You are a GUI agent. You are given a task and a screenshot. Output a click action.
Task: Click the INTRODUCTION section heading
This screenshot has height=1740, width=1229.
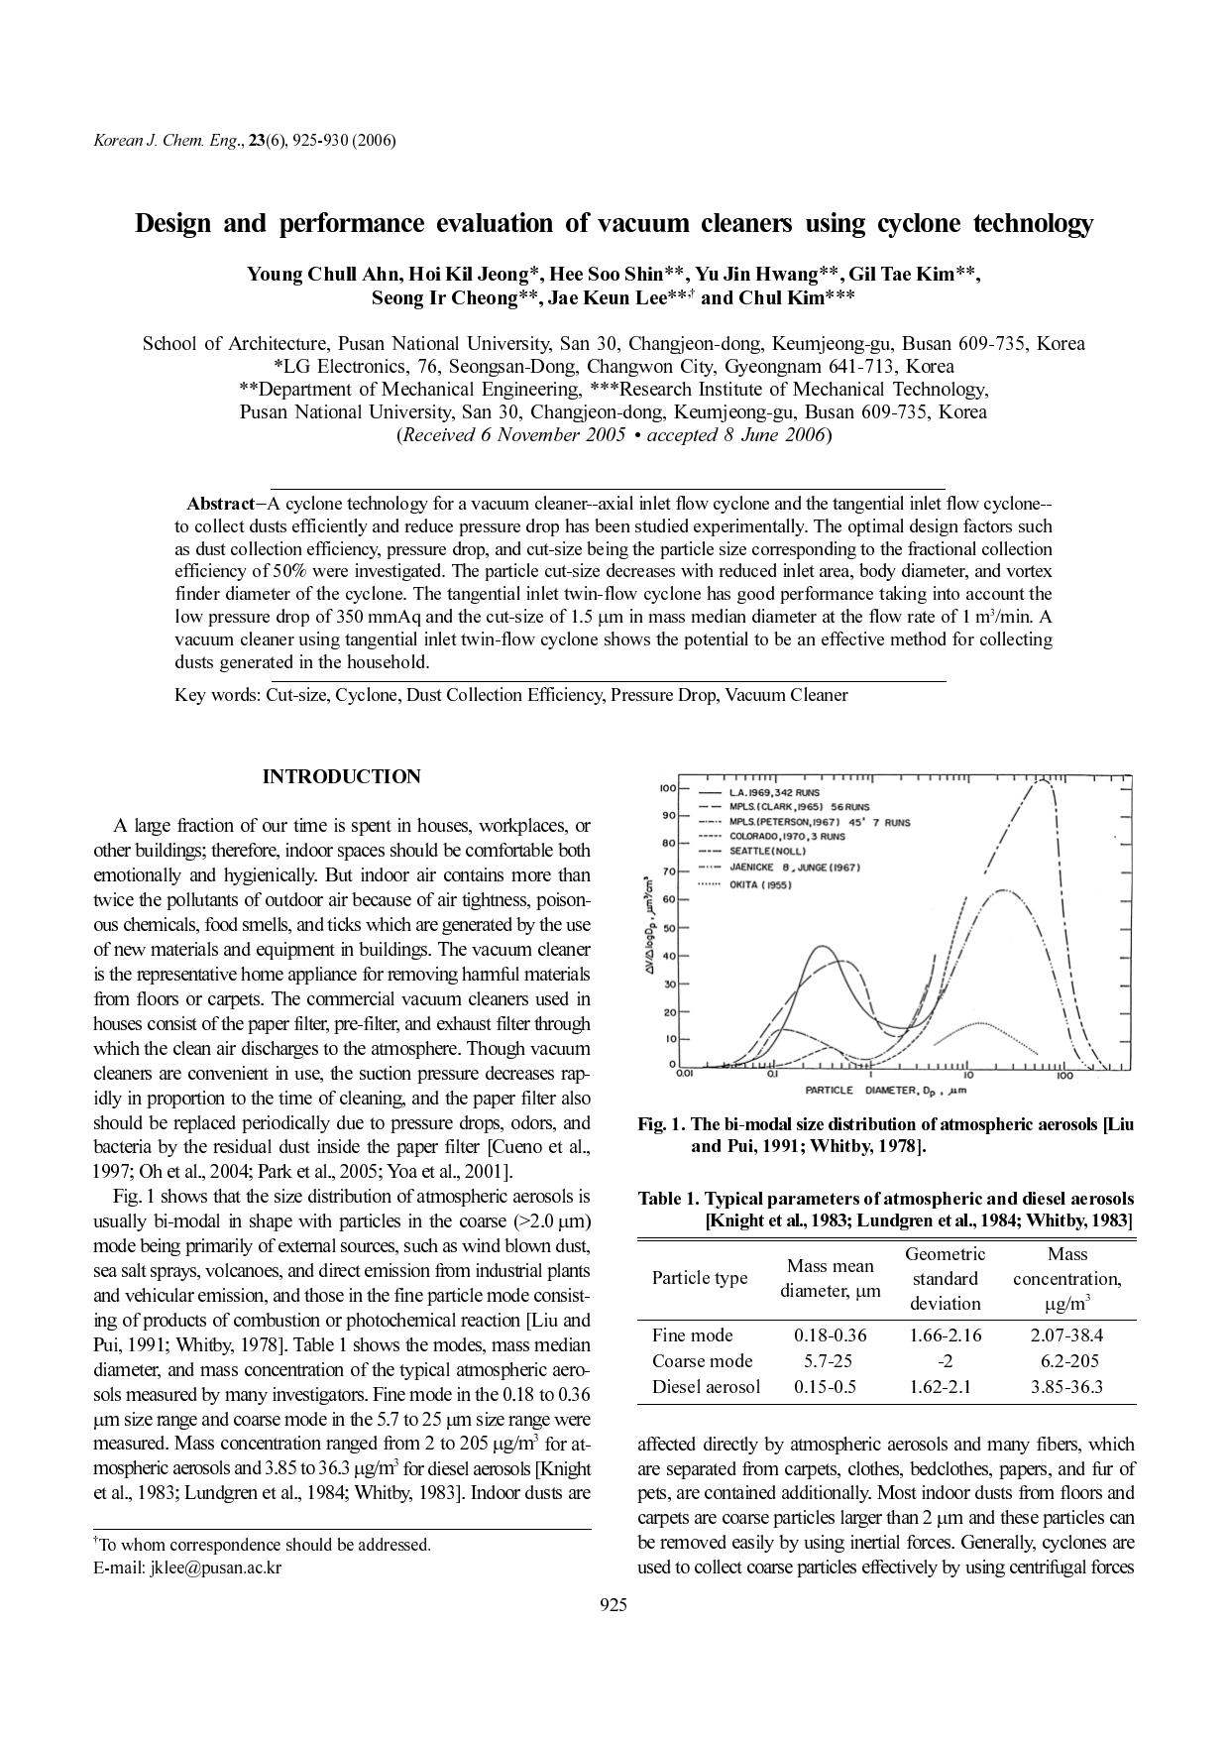coord(341,777)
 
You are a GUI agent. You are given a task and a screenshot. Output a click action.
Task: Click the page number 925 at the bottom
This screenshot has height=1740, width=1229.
coord(614,1605)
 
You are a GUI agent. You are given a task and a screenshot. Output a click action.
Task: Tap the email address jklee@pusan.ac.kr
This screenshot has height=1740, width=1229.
coord(215,1567)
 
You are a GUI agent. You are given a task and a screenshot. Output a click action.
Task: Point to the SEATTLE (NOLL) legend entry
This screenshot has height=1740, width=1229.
coord(768,851)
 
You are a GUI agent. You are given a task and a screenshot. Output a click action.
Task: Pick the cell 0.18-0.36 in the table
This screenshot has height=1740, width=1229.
coord(830,1335)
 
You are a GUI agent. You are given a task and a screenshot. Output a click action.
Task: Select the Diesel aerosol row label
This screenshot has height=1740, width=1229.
coord(706,1387)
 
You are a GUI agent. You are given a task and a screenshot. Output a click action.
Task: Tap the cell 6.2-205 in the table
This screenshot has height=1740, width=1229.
coord(1065,1361)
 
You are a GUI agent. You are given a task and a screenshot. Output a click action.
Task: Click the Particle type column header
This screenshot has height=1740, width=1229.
coord(699,1278)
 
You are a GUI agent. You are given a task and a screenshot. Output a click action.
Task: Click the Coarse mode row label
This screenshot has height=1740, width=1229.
coord(702,1361)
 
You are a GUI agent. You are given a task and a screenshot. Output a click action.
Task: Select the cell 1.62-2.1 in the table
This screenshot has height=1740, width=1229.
coord(945,1387)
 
